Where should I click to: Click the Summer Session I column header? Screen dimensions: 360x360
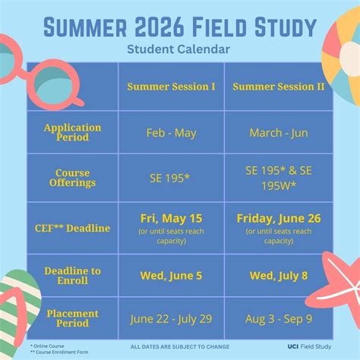(171, 86)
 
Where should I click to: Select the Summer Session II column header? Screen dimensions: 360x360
(278, 86)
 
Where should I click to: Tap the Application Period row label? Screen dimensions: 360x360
(72, 133)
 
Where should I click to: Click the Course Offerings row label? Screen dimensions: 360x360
(72, 178)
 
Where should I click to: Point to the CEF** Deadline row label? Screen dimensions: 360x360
(72, 228)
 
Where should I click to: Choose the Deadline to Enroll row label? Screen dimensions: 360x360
(72, 276)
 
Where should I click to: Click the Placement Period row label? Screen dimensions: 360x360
(72, 318)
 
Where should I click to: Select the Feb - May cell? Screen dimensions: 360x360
(171, 133)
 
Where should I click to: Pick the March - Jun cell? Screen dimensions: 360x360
(278, 133)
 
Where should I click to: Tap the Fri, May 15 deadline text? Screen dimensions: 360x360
(171, 219)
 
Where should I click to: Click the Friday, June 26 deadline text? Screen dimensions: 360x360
(278, 219)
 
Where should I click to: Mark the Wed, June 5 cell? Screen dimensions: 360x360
(171, 276)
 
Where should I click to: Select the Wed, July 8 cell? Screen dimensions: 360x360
(278, 276)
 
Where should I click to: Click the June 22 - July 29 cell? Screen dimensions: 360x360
(171, 318)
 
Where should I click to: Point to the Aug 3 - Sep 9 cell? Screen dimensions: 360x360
(278, 318)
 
